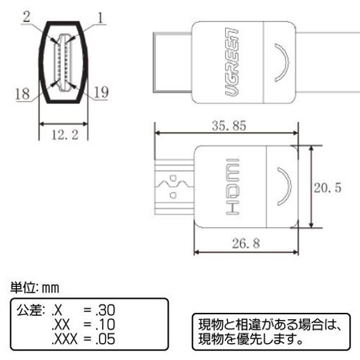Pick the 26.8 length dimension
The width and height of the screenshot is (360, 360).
pyautogui.click(x=248, y=245)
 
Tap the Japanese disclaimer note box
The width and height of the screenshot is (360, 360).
pyautogui.click(x=270, y=330)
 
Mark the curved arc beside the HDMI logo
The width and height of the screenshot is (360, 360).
pyautogui.click(x=282, y=188)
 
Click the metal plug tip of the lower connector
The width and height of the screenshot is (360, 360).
pyautogui.click(x=174, y=188)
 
